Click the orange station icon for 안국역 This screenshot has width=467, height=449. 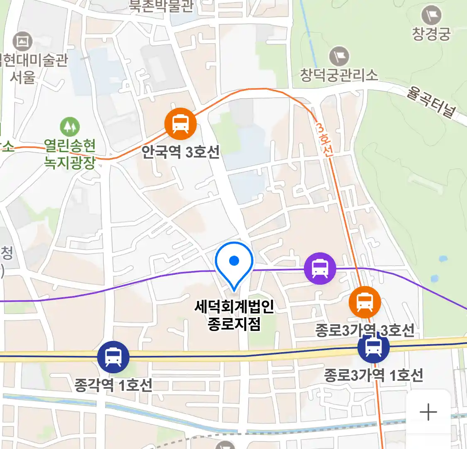click(x=181, y=123)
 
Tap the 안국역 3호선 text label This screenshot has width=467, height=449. click(x=181, y=152)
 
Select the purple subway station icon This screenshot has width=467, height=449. click(x=320, y=269)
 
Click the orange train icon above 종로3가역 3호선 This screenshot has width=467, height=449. click(x=365, y=302)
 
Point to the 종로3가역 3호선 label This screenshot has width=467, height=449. click(x=365, y=331)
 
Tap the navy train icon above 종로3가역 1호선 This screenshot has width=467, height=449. click(x=374, y=347)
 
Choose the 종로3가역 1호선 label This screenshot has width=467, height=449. click(x=374, y=375)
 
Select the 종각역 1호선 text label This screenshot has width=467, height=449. click(x=113, y=385)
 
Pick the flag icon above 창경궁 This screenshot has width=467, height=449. click(x=431, y=16)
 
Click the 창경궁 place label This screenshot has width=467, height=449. click(x=431, y=34)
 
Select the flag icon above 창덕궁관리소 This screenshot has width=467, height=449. click(x=339, y=57)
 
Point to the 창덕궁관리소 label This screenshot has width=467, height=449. click(x=339, y=75)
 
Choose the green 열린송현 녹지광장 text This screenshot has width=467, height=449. click(x=70, y=154)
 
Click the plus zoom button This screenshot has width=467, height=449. click(x=428, y=412)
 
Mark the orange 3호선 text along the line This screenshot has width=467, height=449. click(x=325, y=140)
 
